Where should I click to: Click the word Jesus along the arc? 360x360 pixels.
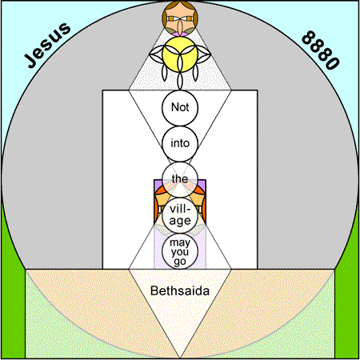tap(47, 45)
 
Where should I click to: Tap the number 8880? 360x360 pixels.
tap(321, 50)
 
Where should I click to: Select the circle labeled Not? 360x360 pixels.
tap(180, 107)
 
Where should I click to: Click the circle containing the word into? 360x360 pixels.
tap(180, 143)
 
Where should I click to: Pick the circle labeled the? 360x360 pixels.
tap(180, 179)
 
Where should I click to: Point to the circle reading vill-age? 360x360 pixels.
tap(180, 215)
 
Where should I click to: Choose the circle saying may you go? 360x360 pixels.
tap(180, 251)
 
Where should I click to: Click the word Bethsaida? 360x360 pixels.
tap(180, 290)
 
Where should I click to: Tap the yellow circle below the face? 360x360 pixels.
tap(180, 54)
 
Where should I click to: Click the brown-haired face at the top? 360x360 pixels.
tap(180, 18)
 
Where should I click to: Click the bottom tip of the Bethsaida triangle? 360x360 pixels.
tap(180, 358)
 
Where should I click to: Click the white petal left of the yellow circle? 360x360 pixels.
tap(156, 54)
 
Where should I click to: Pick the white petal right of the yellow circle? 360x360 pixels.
tap(204, 54)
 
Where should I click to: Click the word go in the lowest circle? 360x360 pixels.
tap(180, 262)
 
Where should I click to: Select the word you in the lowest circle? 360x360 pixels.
tap(180, 252)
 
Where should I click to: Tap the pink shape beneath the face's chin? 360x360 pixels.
tap(179, 34)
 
